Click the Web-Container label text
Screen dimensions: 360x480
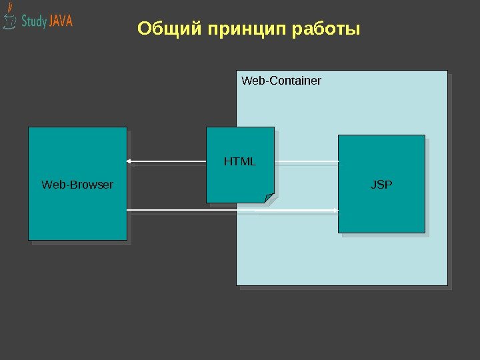click(x=281, y=81)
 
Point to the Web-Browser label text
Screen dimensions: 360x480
click(x=77, y=184)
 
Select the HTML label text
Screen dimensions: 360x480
click(x=240, y=161)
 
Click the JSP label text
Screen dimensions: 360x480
click(x=381, y=184)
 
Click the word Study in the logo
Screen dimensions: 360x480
click(x=34, y=21)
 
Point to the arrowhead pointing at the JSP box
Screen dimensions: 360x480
click(x=335, y=211)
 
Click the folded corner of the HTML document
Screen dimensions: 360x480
click(x=269, y=197)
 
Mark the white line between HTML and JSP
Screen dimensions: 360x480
click(x=307, y=161)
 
